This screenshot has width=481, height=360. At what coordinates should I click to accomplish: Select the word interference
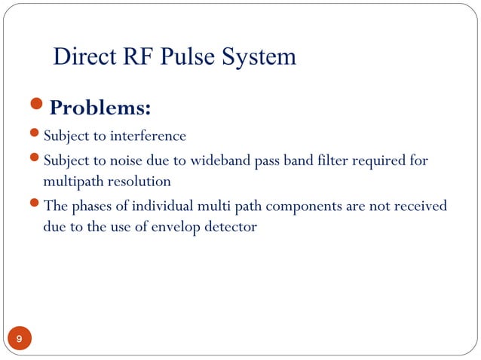[x=148, y=136]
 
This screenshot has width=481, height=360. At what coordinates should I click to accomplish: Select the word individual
[x=155, y=206]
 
